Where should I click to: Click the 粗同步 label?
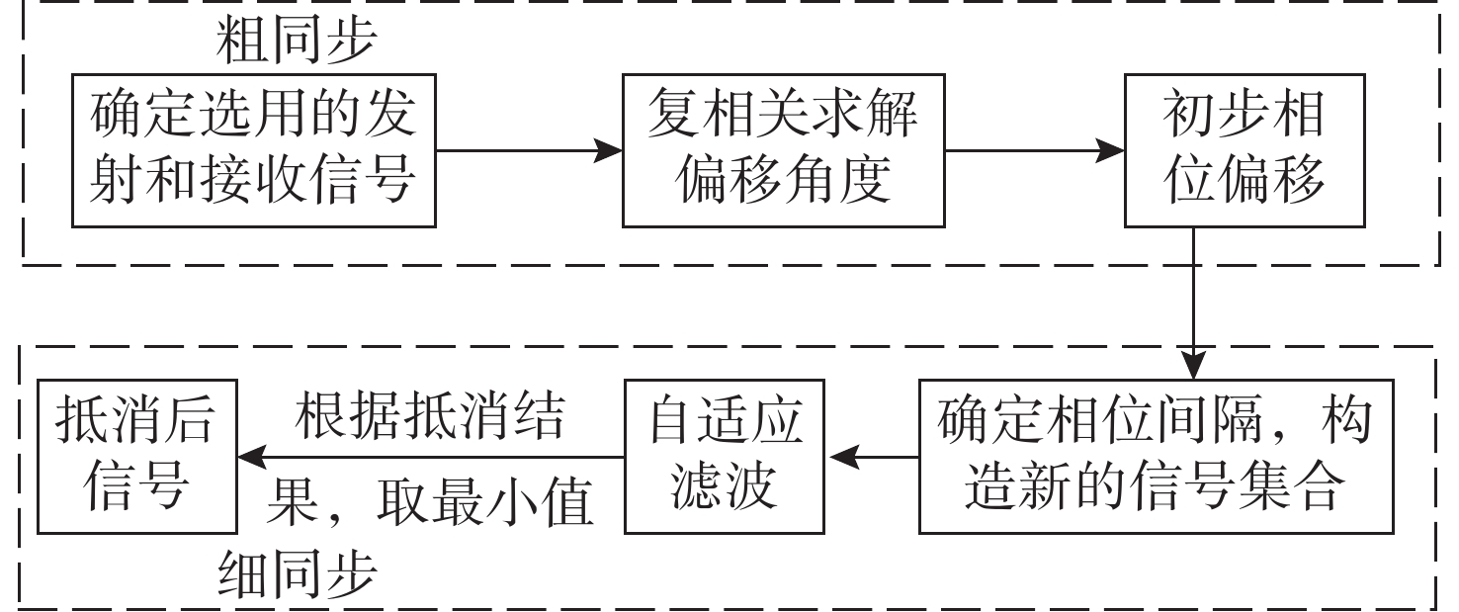pyautogui.click(x=296, y=40)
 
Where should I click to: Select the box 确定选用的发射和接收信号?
pyautogui.click(x=253, y=150)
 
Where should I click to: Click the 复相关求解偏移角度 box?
pyautogui.click(x=783, y=150)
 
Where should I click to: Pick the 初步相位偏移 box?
pyautogui.click(x=1244, y=150)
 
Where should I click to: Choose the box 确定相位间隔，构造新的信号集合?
pyautogui.click(x=1154, y=456)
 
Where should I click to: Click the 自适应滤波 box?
pyautogui.click(x=726, y=456)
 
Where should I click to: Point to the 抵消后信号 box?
pyautogui.click(x=136, y=456)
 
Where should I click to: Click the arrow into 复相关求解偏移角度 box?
pyautogui.click(x=608, y=151)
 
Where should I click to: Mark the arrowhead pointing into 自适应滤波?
pyautogui.click(x=840, y=457)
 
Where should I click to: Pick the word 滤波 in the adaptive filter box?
pyautogui.click(x=726, y=487)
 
